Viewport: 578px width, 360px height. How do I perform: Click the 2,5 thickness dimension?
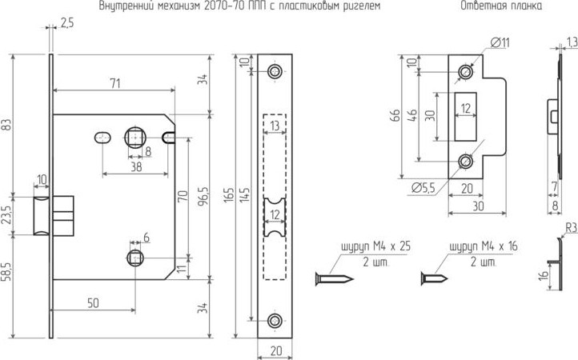coord(66,23)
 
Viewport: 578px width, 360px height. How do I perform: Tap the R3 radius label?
coord(570,228)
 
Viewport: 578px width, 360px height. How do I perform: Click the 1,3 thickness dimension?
coord(570,42)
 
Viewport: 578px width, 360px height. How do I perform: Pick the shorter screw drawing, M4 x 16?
coord(433,279)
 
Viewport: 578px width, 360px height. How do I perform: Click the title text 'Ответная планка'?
coord(500,6)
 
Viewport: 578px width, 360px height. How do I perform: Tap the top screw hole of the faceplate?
coord(276,72)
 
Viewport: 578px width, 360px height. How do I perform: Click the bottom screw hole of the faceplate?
coord(276,320)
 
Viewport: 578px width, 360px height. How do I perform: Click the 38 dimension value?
coord(136,167)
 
